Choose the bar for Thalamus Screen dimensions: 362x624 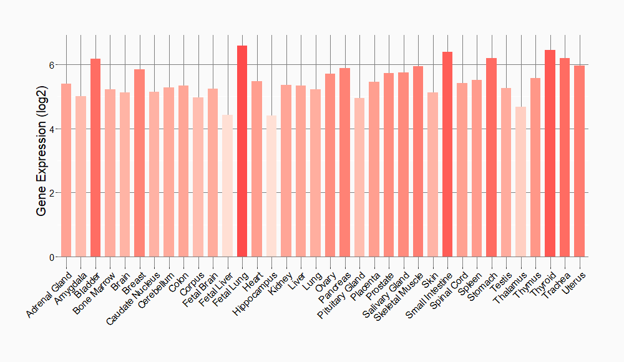click(520, 182)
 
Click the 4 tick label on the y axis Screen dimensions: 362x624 click(51, 129)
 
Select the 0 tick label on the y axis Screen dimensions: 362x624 click(51, 257)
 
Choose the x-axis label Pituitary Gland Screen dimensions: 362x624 click(341, 296)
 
